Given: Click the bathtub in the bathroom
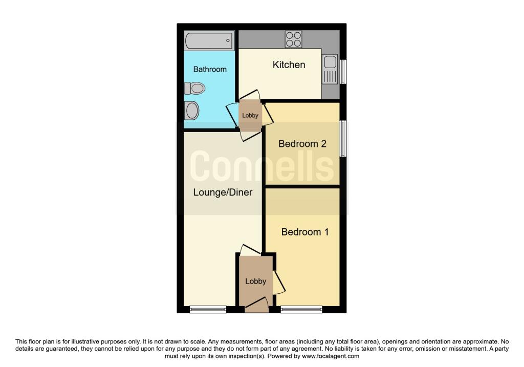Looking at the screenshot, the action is click(x=209, y=40).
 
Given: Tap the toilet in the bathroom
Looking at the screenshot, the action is click(x=194, y=88).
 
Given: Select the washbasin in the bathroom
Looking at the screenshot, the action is click(x=192, y=110).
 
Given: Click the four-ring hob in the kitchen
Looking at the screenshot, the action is click(x=293, y=39).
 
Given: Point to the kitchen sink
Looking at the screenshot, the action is click(x=330, y=70).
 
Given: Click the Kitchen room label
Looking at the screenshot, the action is click(x=289, y=64).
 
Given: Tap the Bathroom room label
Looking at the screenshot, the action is click(x=210, y=69).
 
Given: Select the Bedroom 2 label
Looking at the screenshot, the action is click(x=302, y=144).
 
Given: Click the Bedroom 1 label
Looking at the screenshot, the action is click(x=305, y=232).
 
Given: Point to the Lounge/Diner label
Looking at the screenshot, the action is click(x=223, y=192).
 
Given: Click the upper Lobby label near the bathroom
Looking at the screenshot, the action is click(x=250, y=115).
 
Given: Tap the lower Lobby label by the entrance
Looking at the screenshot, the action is click(x=256, y=281).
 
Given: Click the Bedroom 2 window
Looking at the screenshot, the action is click(x=343, y=138).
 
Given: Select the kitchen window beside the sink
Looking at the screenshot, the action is click(x=343, y=72).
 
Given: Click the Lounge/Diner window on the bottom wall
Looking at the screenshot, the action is click(x=208, y=310).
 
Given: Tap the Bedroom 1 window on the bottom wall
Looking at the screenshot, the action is click(x=301, y=310).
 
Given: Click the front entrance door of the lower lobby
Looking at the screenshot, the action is click(x=257, y=305).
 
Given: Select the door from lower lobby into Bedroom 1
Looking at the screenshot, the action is click(x=279, y=283).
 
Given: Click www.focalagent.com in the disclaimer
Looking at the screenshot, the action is click(x=331, y=356).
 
